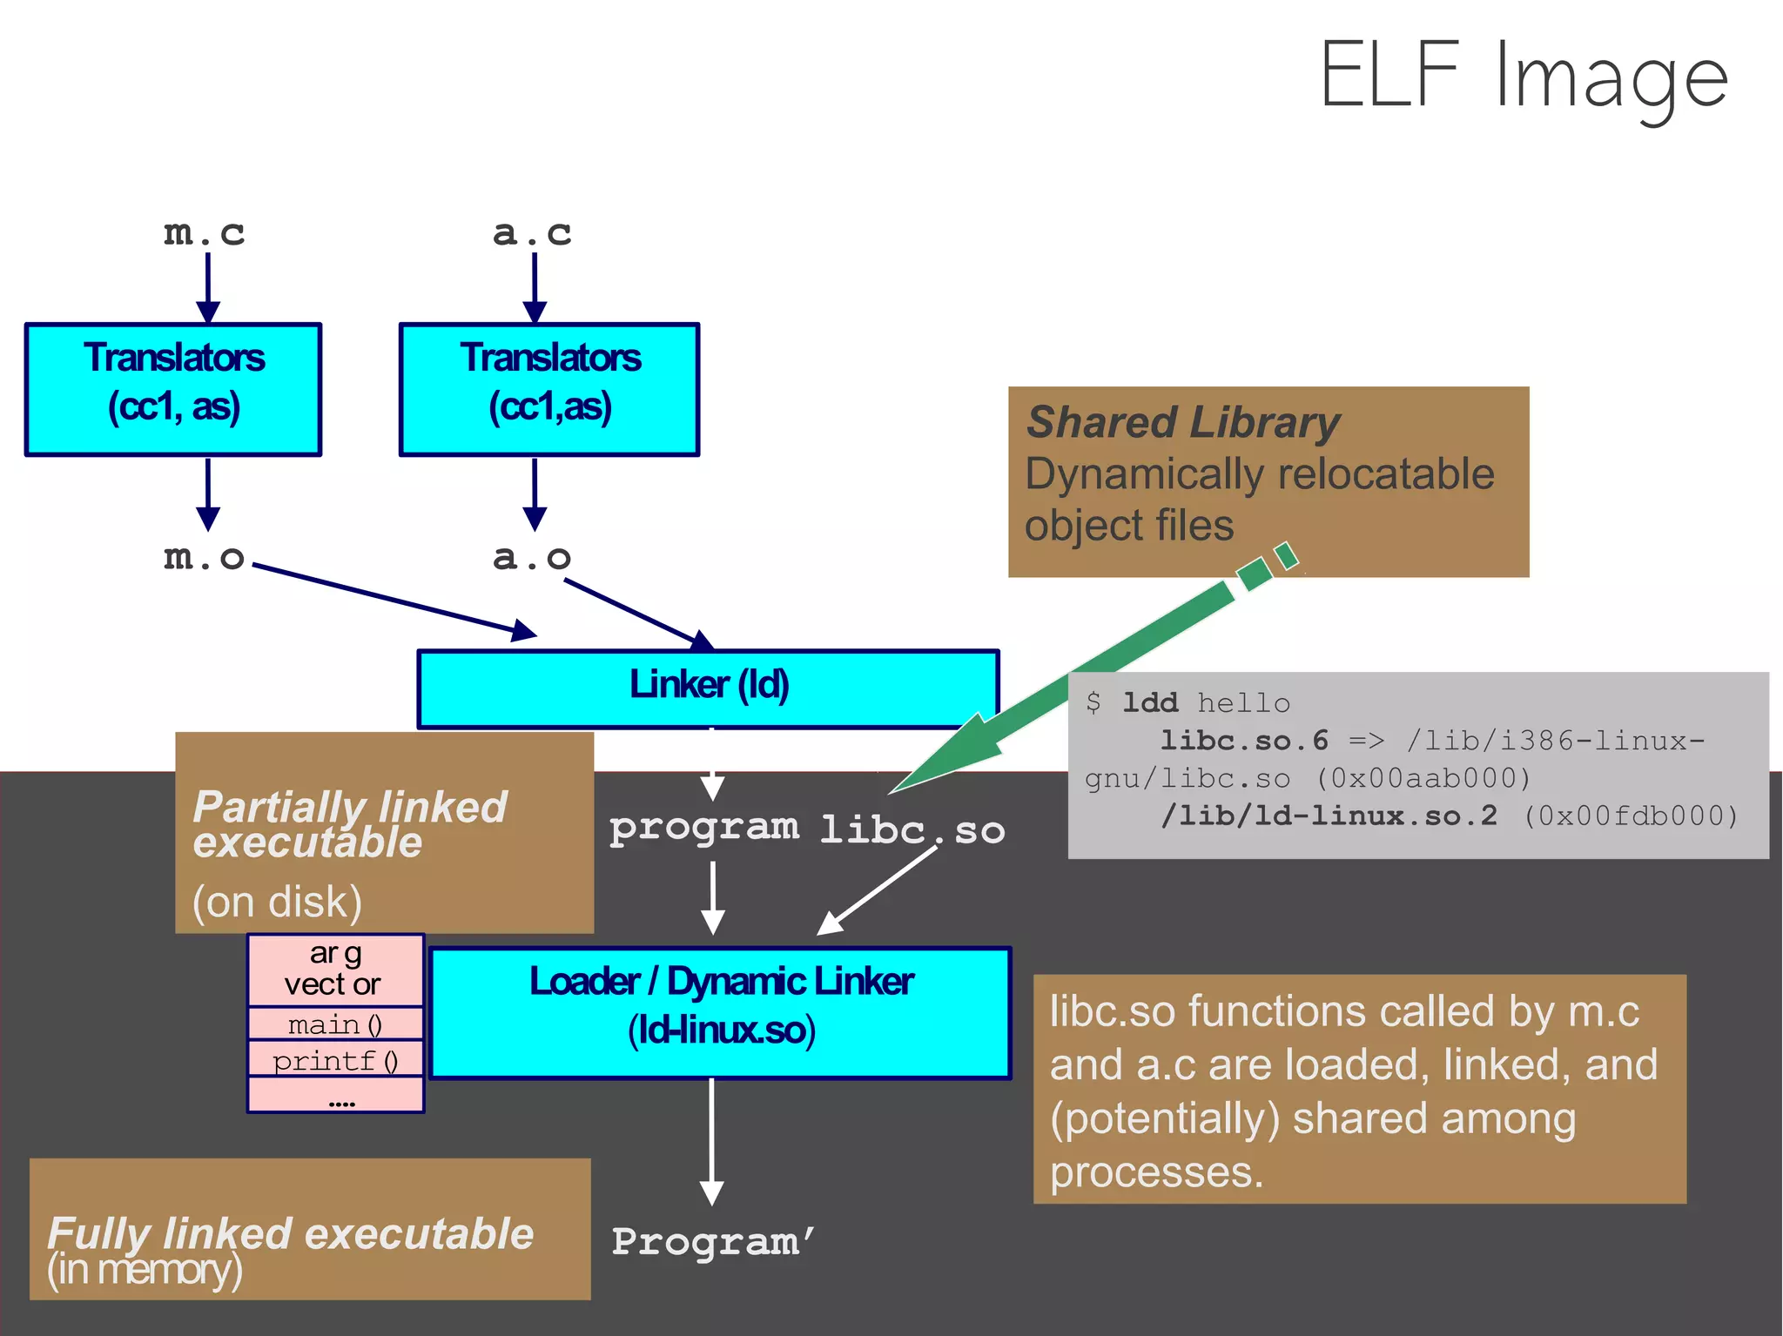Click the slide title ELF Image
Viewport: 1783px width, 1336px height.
(1524, 77)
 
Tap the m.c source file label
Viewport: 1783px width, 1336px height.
(205, 233)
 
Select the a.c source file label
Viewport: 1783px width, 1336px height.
(532, 233)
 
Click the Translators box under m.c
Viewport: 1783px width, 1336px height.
(173, 389)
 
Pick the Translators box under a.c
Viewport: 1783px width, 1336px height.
(549, 389)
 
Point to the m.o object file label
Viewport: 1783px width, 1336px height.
(205, 557)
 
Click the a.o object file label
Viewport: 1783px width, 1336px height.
(532, 557)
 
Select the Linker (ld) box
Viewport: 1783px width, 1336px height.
(708, 688)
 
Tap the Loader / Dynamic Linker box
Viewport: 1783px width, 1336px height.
(721, 1012)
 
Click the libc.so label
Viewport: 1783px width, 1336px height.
(912, 829)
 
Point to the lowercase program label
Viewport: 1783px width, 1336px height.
(703, 827)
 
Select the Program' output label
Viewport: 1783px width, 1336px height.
(712, 1242)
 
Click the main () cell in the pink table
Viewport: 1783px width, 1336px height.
(335, 1024)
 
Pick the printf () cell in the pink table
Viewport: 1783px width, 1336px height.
(335, 1061)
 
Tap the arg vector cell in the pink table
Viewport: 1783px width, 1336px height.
(335, 970)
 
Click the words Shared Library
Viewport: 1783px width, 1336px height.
(1183, 422)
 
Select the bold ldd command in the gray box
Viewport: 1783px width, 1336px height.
(1149, 702)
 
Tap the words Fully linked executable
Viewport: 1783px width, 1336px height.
(290, 1233)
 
